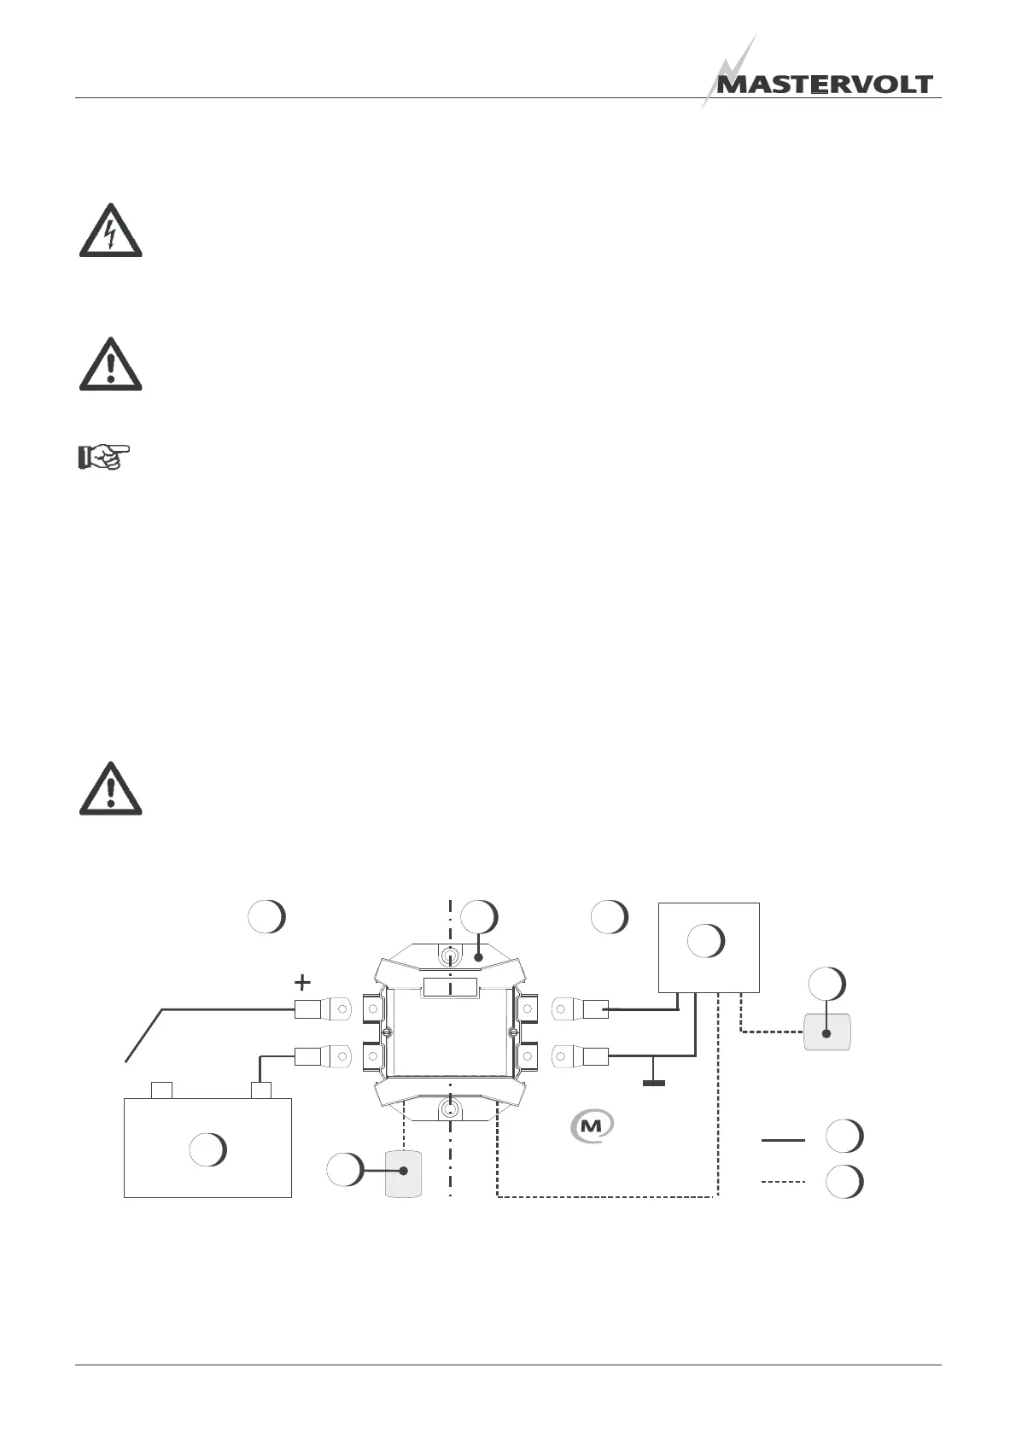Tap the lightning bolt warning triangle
coord(111,231)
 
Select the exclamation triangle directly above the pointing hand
coord(111,365)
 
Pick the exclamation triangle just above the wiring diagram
coord(111,788)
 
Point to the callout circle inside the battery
coord(207,1149)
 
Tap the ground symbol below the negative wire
coord(653,1084)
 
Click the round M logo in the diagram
coord(592,1125)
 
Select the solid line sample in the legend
coord(782,1139)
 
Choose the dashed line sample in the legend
coord(782,1182)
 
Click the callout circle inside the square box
coord(706,940)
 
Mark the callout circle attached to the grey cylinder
coord(345,1169)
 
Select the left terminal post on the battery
coord(161,1090)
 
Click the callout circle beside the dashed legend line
coord(844,1181)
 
